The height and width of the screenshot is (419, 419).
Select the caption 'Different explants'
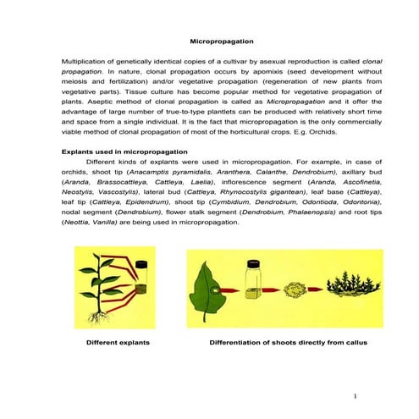[x=119, y=344]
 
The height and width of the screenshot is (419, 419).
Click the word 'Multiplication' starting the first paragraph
[x=86, y=62]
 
